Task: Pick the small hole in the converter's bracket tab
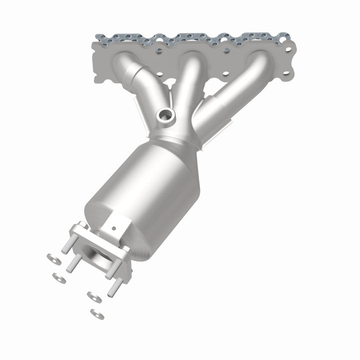(114, 227)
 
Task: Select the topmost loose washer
(51, 258)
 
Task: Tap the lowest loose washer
(97, 314)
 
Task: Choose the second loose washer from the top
(59, 277)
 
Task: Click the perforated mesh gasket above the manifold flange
(190, 37)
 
